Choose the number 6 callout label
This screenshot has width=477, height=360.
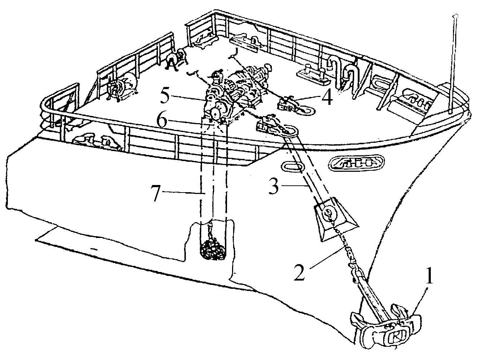tap(162, 121)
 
